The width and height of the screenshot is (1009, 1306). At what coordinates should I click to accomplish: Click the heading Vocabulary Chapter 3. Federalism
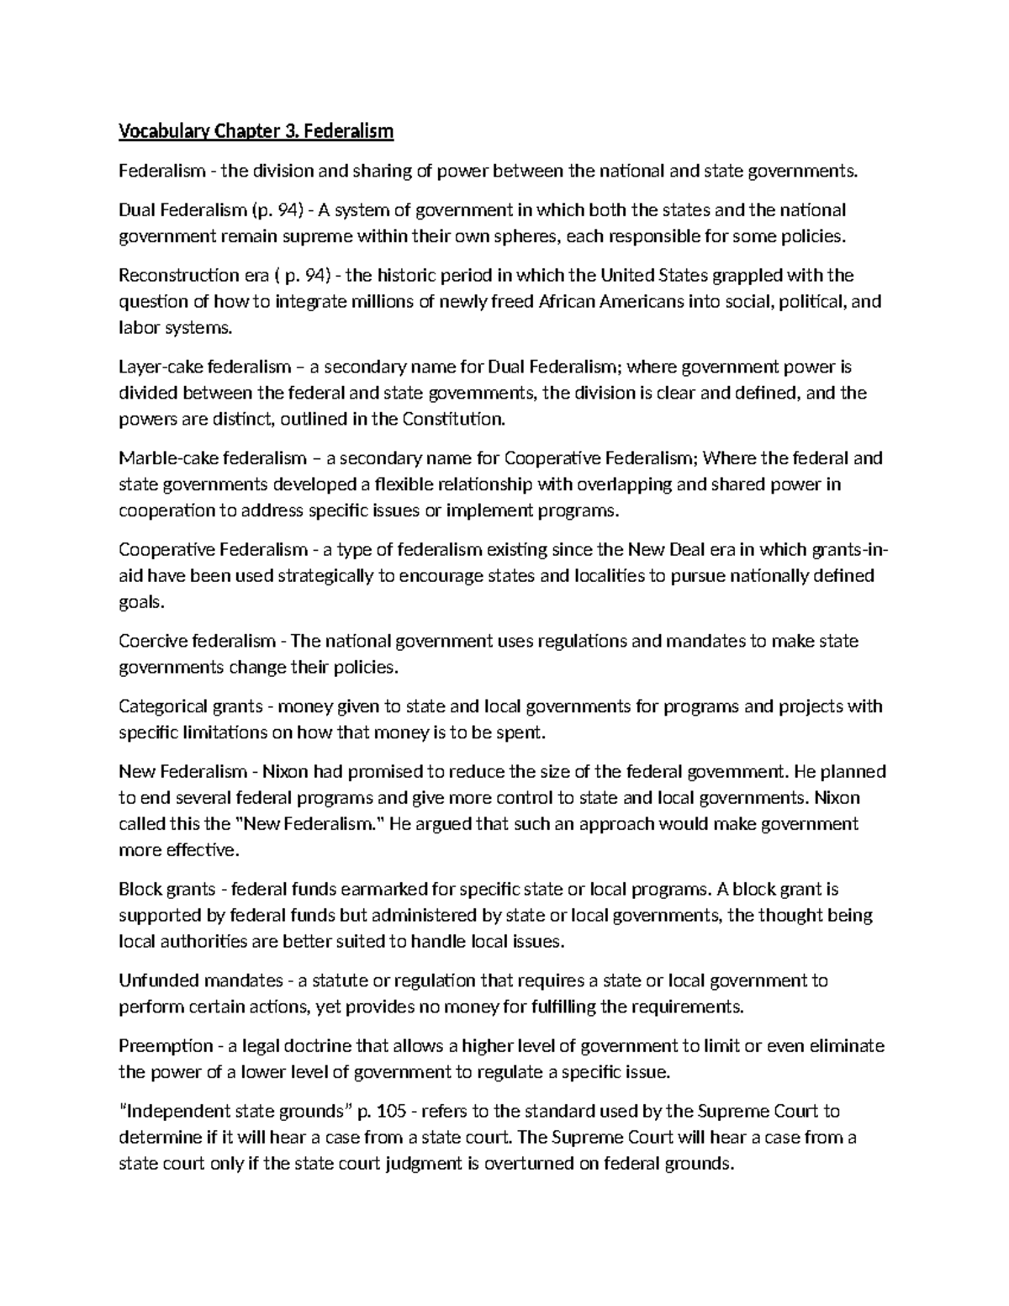point(256,131)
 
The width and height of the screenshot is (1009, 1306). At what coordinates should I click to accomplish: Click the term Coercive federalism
point(198,641)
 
